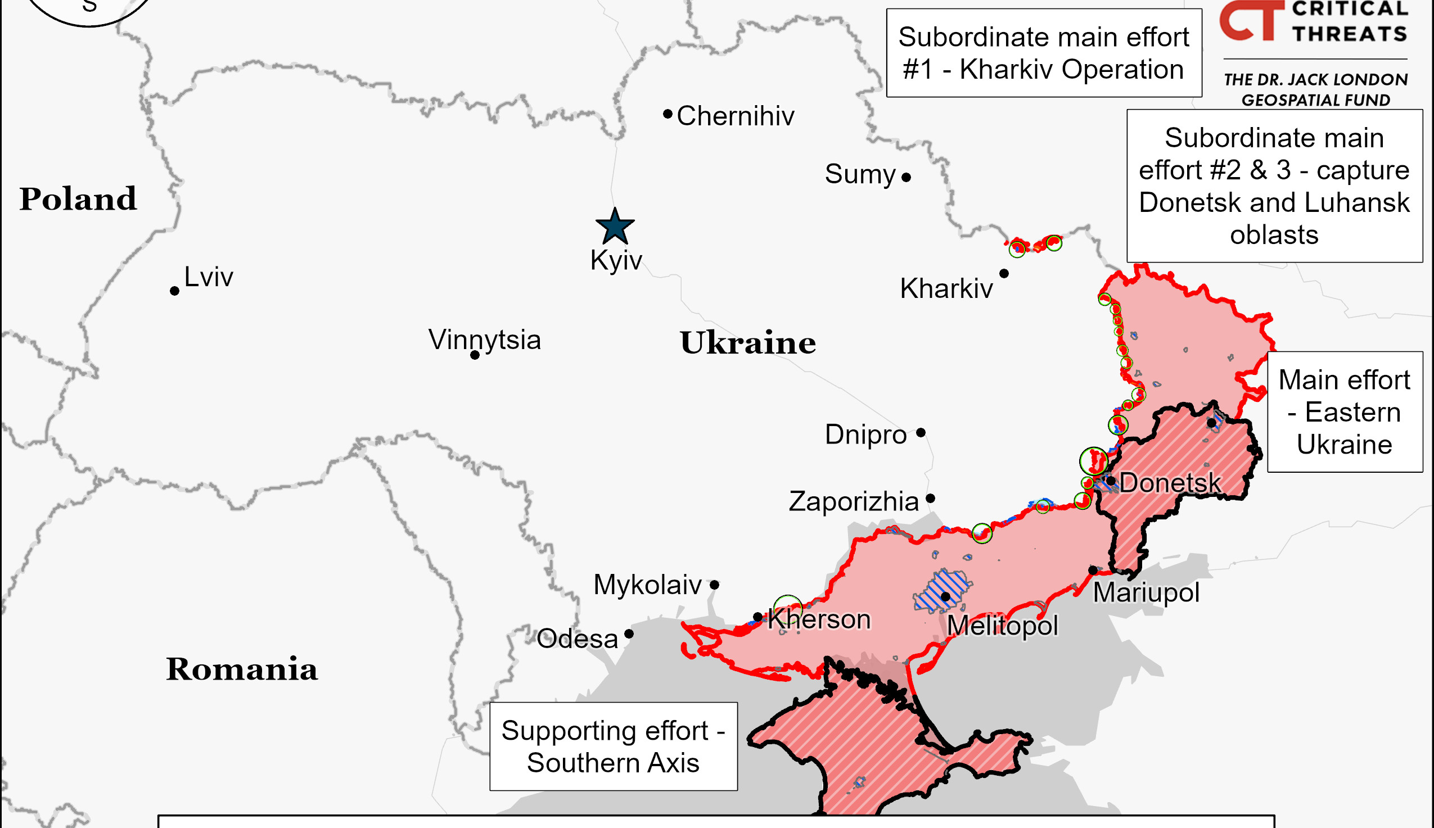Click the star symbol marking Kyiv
615,227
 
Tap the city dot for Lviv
175,291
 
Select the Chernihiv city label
735,116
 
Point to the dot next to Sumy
906,178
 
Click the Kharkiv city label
946,289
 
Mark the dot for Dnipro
921,433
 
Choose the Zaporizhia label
853,501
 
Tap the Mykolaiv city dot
714,585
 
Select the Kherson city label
819,619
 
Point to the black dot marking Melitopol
945,596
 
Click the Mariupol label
1146,592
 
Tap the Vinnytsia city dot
475,355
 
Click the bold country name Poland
78,199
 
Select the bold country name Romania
241,669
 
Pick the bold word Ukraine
747,343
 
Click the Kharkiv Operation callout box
1043,53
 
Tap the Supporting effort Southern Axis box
613,746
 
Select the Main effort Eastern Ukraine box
1345,411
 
